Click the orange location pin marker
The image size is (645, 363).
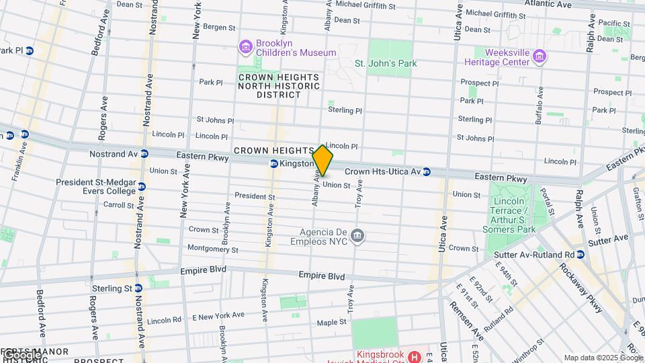tap(322, 161)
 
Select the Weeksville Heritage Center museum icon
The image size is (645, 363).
tap(539, 57)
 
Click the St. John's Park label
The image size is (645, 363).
tap(385, 63)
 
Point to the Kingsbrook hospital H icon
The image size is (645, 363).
tap(415, 356)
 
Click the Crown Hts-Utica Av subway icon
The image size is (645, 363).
tap(427, 172)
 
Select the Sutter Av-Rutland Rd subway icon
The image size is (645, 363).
tap(580, 255)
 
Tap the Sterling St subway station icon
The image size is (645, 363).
tap(138, 288)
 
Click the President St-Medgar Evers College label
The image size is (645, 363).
tap(95, 186)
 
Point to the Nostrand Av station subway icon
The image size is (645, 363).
tap(144, 154)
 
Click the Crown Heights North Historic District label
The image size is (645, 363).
tap(279, 86)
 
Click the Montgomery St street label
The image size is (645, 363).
tap(212, 249)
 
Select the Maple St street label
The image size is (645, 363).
tap(331, 322)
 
